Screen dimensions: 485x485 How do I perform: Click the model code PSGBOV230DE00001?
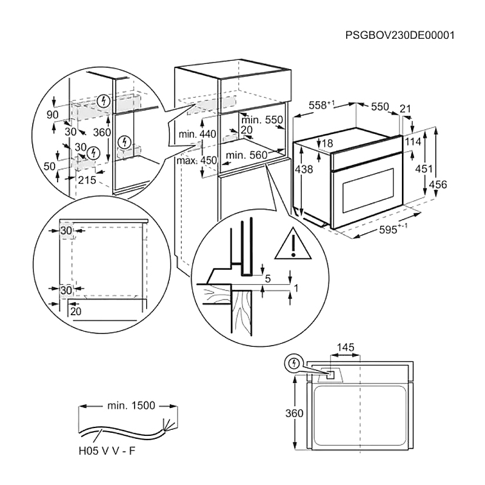click(400, 35)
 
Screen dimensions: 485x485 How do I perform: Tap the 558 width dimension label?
click(322, 105)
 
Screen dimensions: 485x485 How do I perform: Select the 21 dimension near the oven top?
click(406, 109)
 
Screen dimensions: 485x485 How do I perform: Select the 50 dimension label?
click(50, 166)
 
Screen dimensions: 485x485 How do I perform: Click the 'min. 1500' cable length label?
click(129, 406)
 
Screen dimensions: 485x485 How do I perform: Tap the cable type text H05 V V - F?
click(110, 450)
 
